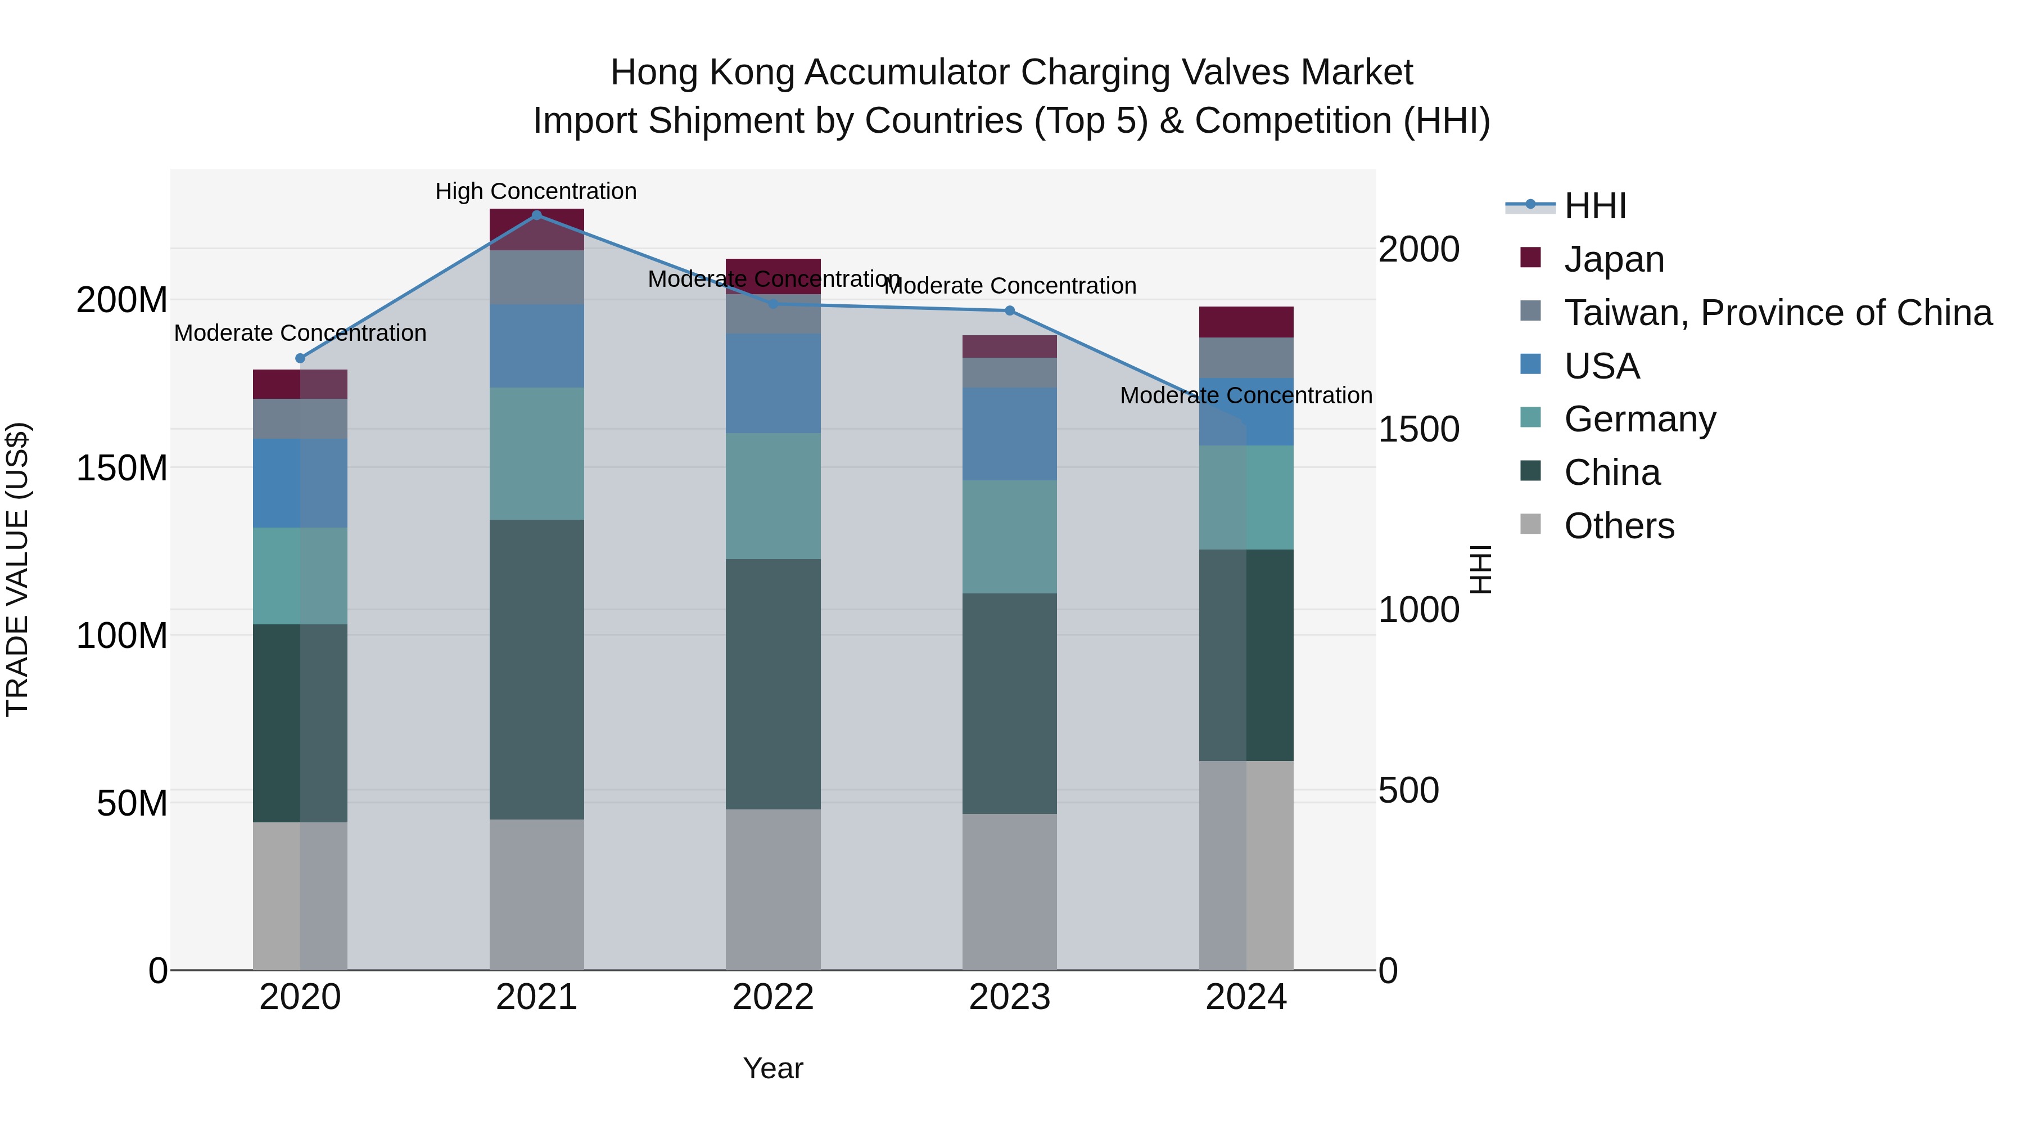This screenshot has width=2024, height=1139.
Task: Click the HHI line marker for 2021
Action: pyautogui.click(x=537, y=215)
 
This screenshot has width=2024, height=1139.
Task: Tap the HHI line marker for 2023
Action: pyautogui.click(x=1010, y=311)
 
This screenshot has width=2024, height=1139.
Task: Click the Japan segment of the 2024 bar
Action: pyautogui.click(x=1245, y=322)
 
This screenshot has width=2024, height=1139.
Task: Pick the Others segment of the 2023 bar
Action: pyautogui.click(x=1010, y=892)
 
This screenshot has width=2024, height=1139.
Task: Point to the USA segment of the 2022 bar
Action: pyautogui.click(x=773, y=383)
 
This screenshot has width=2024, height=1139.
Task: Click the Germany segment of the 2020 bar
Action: pyautogui.click(x=300, y=575)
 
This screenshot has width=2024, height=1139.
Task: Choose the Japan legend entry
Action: pyautogui.click(x=1614, y=259)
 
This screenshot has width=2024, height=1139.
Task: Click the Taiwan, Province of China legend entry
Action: pyautogui.click(x=1777, y=313)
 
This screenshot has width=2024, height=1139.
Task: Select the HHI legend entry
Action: pyautogui.click(x=1595, y=206)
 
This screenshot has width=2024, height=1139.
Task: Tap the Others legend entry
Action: pyautogui.click(x=1619, y=526)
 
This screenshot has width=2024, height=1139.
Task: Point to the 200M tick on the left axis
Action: pyautogui.click(x=122, y=300)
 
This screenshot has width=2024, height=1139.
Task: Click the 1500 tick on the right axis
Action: pyautogui.click(x=1418, y=429)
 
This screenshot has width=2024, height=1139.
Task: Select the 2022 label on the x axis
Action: pyautogui.click(x=773, y=997)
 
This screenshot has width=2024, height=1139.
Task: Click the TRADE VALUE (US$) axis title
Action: pyautogui.click(x=17, y=569)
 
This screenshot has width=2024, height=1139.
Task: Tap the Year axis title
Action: pyautogui.click(x=773, y=1068)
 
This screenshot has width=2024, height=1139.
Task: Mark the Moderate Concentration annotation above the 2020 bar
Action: pyautogui.click(x=300, y=334)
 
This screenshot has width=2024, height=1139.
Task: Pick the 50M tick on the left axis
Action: pyautogui.click(x=132, y=803)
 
